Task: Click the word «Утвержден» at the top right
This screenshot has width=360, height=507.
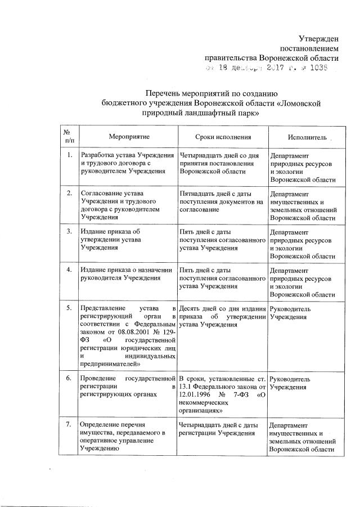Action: click(318, 38)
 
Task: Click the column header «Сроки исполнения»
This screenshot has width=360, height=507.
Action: click(223, 137)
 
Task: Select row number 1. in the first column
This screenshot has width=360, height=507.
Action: click(69, 155)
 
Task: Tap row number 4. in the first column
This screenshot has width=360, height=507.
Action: click(69, 270)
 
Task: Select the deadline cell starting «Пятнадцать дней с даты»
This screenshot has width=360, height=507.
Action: click(220, 201)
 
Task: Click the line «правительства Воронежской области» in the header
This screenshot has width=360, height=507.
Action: click(271, 57)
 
